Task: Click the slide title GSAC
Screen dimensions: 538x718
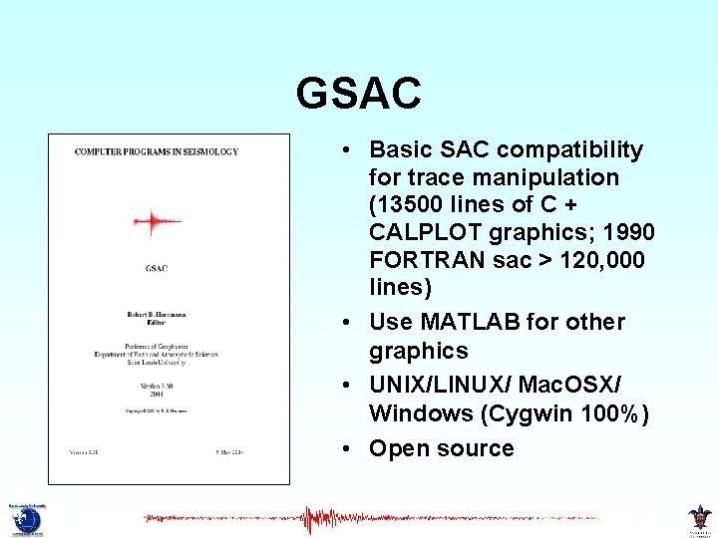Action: click(x=358, y=94)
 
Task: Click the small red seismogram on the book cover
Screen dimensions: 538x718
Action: click(x=151, y=221)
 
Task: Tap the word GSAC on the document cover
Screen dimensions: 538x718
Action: click(x=156, y=268)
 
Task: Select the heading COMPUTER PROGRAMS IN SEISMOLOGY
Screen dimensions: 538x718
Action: click(x=157, y=152)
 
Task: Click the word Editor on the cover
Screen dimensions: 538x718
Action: click(x=157, y=324)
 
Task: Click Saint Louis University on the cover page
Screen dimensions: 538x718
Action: click(x=157, y=363)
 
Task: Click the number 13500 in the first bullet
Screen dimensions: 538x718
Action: click(x=404, y=205)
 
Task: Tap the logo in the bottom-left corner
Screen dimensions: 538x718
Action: click(x=23, y=518)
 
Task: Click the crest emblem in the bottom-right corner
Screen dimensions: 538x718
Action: click(x=700, y=518)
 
